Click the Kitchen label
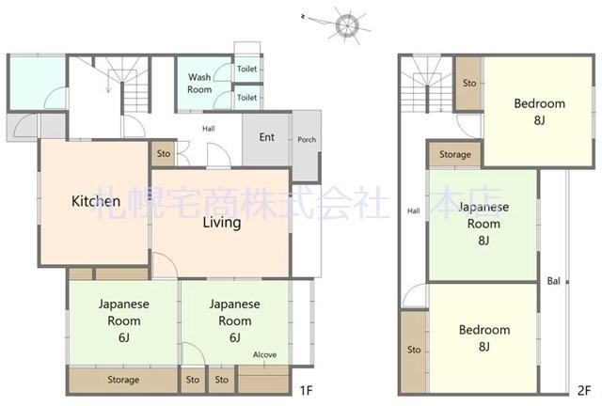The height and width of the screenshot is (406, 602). point(96,201)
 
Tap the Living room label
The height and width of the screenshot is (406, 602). point(222,223)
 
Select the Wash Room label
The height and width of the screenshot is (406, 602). point(199,84)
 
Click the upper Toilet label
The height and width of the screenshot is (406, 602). point(246,69)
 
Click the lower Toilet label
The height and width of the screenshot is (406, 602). point(246,98)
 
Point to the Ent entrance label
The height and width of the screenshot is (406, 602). point(267,137)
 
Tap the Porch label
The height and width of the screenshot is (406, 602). point(307,140)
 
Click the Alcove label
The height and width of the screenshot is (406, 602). point(265,354)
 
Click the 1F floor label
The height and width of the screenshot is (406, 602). point(306,390)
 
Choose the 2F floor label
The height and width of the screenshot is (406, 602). point(584,390)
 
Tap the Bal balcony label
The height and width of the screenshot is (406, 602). point(554,281)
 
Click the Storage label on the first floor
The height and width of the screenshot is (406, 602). point(123,380)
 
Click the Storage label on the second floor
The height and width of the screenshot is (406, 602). point(455,154)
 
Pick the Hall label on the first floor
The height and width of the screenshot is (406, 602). point(209,129)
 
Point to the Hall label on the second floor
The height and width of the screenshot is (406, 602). point(414,211)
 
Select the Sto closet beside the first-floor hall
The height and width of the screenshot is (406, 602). point(164,153)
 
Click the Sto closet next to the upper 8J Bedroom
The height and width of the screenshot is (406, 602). point(469,83)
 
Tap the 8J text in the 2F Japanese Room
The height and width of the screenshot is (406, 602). point(483,241)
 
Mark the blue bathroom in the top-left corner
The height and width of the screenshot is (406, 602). point(38,84)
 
